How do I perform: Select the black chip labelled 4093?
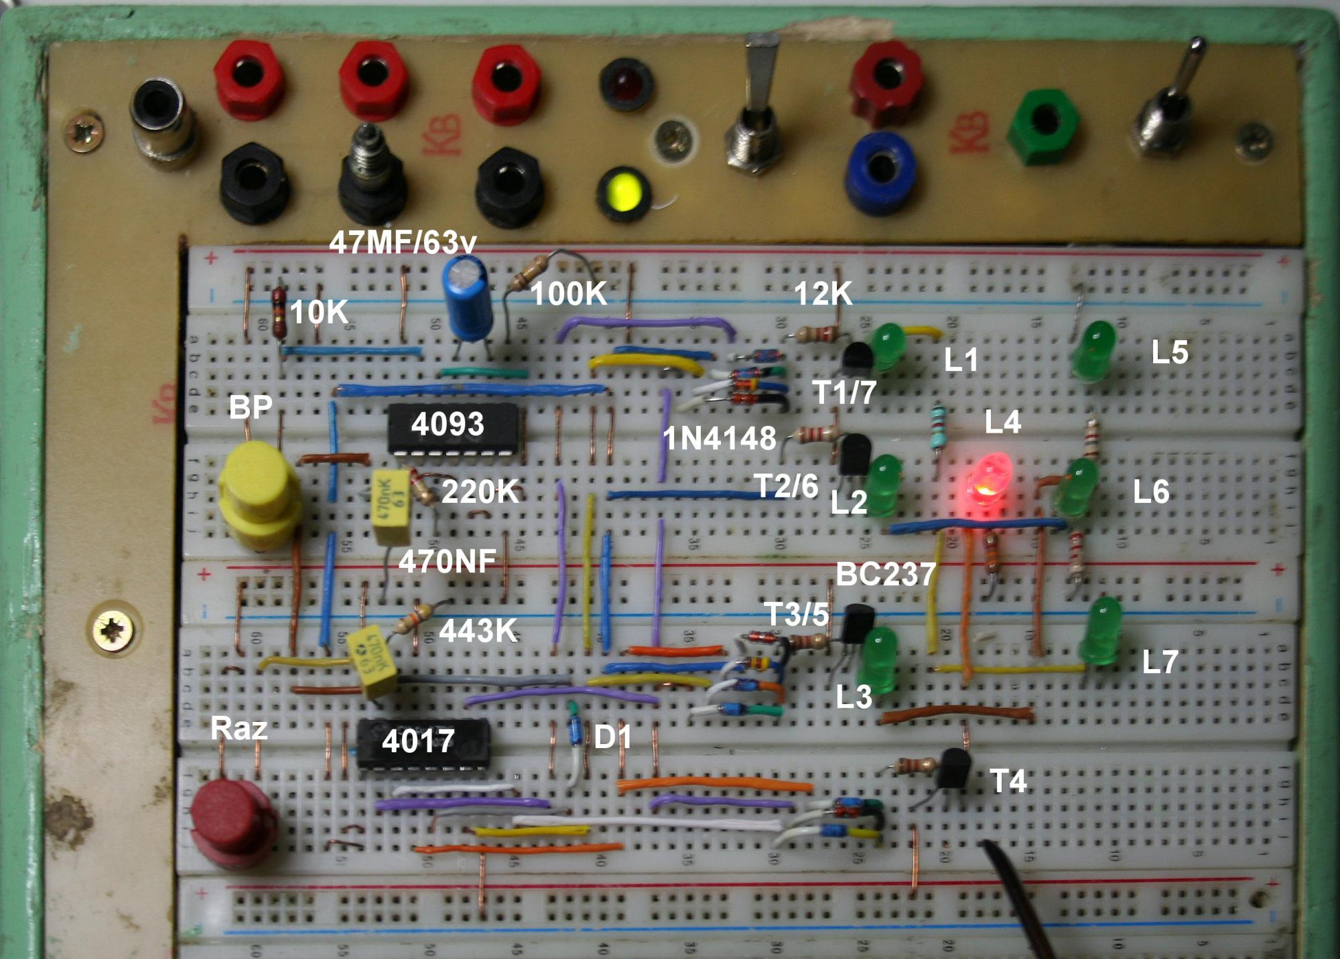click(454, 428)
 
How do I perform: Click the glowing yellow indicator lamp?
click(623, 191)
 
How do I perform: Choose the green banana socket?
click(1042, 127)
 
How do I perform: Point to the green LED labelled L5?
click(1093, 350)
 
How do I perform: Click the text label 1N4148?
click(719, 439)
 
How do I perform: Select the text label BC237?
click(885, 575)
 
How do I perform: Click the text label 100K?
click(568, 293)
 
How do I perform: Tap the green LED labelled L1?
click(889, 346)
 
